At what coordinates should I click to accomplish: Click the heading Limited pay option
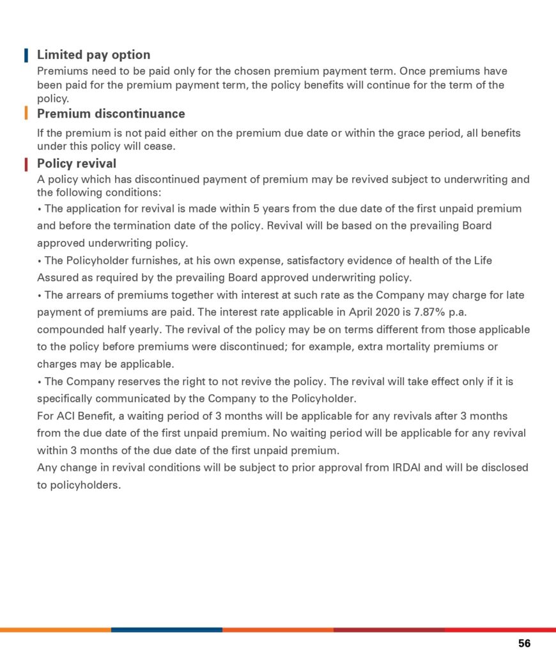point(93,55)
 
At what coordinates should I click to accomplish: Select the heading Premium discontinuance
point(111,114)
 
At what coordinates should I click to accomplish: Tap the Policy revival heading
point(77,164)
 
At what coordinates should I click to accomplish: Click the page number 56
point(524,643)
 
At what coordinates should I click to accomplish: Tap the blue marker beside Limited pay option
point(26,55)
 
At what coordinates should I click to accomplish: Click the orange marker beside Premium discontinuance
point(26,114)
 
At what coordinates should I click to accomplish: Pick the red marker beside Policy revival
point(26,164)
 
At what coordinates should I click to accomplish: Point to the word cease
point(159,146)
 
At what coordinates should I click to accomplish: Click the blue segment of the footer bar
point(166,629)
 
